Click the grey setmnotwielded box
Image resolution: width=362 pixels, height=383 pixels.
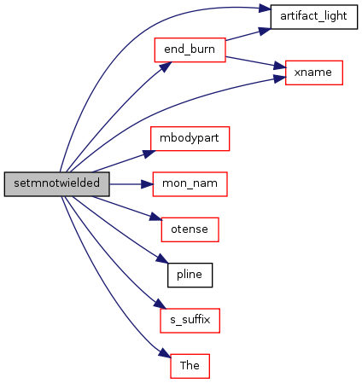56,184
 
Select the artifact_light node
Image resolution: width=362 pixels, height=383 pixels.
314,17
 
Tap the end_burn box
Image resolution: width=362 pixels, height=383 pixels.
190,49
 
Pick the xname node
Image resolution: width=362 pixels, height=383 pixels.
314,73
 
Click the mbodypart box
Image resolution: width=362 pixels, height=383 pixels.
190,138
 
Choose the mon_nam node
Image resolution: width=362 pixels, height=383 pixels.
190,184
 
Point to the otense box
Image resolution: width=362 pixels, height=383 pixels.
190,229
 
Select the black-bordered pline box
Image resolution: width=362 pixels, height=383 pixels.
190,275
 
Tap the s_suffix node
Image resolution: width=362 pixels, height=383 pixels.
190,321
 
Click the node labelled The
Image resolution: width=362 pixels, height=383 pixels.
190,366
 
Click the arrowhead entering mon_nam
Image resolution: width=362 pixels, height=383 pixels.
147,184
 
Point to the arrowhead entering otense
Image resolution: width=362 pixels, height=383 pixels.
156,218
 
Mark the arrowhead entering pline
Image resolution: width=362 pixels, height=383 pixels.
162,258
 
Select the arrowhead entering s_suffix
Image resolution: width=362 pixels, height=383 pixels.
160,304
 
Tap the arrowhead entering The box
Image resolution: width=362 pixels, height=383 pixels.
165,353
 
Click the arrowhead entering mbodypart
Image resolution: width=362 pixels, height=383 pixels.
149,154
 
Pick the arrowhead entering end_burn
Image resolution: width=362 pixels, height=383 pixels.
166,67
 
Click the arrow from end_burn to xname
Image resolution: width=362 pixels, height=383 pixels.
255,63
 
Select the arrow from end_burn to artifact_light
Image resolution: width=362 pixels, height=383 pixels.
248,34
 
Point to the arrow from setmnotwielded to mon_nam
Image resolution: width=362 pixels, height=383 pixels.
131,184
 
